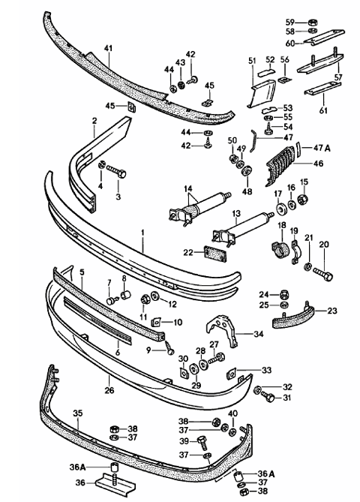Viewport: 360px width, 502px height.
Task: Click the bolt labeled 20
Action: pos(323,273)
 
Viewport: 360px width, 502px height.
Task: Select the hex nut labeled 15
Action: pos(302,200)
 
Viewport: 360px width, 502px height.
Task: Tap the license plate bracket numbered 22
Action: pos(216,254)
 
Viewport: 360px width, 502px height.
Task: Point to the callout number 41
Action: pos(109,49)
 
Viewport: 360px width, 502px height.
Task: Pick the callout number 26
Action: pos(109,390)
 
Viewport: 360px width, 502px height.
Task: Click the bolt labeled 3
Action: pos(116,171)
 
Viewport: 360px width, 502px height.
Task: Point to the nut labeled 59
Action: pos(312,23)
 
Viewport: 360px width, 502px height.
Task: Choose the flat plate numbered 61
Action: pos(322,89)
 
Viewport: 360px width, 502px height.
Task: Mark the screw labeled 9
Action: pos(169,347)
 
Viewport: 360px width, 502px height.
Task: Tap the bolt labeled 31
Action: pos(268,396)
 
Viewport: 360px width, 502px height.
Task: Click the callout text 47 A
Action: pos(322,149)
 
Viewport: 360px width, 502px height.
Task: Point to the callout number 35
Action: pos(78,413)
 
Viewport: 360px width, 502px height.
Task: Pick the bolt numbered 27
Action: pos(217,358)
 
